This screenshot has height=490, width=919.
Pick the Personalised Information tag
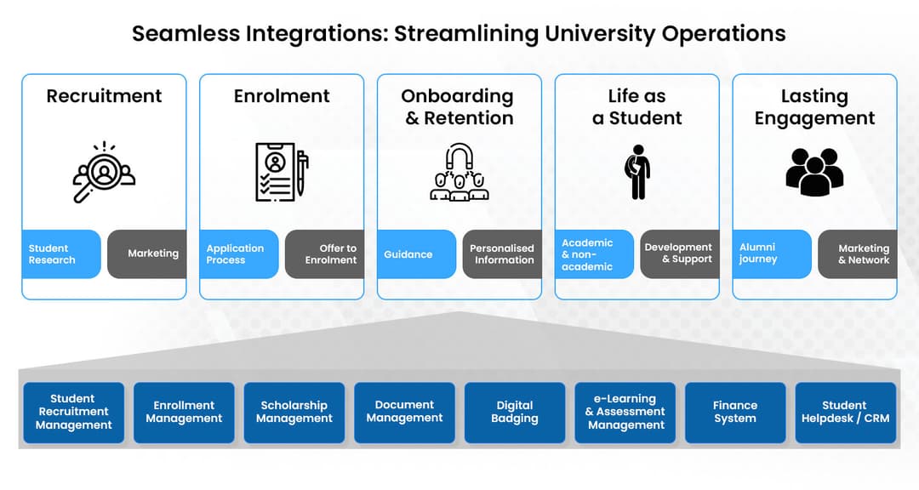(x=502, y=254)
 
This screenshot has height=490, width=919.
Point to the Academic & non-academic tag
(x=594, y=254)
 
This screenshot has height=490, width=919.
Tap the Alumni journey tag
(x=772, y=254)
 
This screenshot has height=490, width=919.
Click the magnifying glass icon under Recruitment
(x=103, y=172)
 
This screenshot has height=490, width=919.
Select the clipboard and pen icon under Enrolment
(x=282, y=172)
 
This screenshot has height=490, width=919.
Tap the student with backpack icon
(x=636, y=172)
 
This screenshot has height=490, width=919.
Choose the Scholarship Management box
(x=294, y=413)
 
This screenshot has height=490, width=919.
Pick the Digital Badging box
(x=515, y=413)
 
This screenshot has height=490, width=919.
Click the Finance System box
(x=735, y=413)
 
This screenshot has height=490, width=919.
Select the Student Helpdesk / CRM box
(x=845, y=413)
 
